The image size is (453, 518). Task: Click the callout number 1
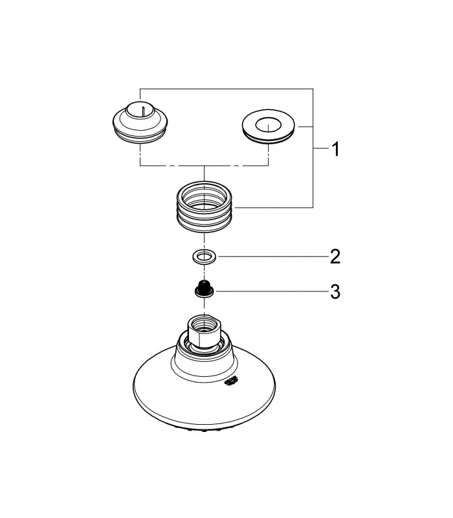(x=335, y=150)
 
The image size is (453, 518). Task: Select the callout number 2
(x=335, y=256)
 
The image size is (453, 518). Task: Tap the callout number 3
(x=335, y=292)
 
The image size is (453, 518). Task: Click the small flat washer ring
(x=204, y=256)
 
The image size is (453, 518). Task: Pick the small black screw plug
(x=204, y=288)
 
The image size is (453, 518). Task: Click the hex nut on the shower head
(x=204, y=332)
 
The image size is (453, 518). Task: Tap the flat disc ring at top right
(x=268, y=126)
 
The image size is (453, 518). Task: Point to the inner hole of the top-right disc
(x=268, y=125)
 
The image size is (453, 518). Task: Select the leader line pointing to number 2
(x=272, y=256)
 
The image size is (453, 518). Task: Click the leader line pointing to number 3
(x=271, y=291)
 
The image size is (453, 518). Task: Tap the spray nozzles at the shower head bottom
(x=204, y=430)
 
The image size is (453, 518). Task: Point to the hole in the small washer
(x=204, y=256)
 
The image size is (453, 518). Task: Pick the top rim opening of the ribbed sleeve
(x=204, y=194)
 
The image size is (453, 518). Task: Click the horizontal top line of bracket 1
(x=226, y=89)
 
